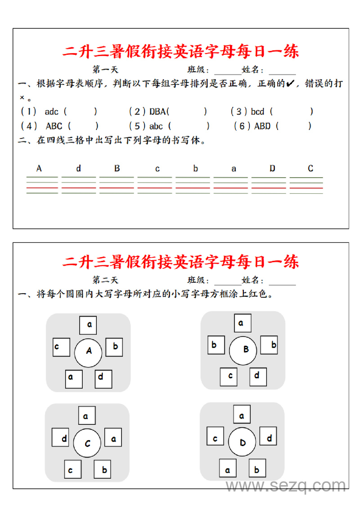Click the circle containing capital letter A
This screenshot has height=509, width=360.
click(x=89, y=352)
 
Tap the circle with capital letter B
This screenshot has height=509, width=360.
click(x=243, y=350)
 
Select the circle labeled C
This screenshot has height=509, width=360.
click(x=88, y=444)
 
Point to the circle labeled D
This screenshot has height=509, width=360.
click(x=242, y=442)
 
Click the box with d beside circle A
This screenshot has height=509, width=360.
click(x=103, y=379)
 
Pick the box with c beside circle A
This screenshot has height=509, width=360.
click(x=61, y=347)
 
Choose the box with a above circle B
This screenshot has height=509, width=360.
click(x=243, y=323)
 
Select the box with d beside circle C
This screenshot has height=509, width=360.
click(x=60, y=438)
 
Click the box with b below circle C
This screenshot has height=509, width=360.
click(x=103, y=469)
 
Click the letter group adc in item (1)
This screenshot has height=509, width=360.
click(x=51, y=112)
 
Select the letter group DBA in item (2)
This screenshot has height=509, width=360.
click(x=158, y=112)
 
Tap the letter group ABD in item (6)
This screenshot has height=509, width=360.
click(x=262, y=126)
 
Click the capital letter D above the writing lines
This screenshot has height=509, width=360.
click(x=272, y=169)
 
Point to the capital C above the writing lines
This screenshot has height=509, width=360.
click(x=310, y=169)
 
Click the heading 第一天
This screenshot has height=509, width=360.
click(x=105, y=69)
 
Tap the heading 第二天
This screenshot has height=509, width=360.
click(x=105, y=280)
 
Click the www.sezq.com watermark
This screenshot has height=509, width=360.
click(x=286, y=486)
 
